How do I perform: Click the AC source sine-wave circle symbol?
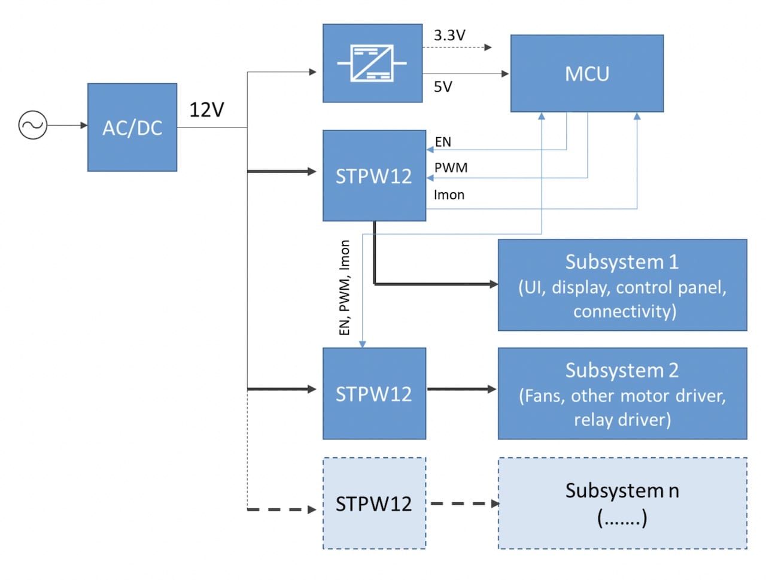click(x=33, y=125)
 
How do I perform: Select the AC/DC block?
click(x=132, y=127)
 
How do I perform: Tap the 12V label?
click(x=206, y=110)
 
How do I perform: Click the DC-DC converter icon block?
click(x=372, y=63)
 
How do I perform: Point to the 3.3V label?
click(x=449, y=35)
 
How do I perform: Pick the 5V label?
click(x=443, y=87)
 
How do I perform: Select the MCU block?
click(x=586, y=74)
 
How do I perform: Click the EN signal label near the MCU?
click(x=443, y=142)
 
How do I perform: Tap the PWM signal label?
click(x=451, y=168)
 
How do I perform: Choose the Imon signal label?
click(x=449, y=195)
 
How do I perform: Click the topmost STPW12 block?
click(x=374, y=176)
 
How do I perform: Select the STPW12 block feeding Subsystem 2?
click(x=374, y=394)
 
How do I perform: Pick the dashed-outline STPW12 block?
click(x=374, y=503)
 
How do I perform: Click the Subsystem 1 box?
click(x=622, y=286)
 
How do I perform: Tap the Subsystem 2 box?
click(x=622, y=394)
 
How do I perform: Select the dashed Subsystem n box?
click(x=622, y=503)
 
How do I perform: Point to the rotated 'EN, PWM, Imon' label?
click(x=344, y=287)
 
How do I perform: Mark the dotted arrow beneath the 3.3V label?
click(x=458, y=47)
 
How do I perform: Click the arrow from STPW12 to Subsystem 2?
click(x=461, y=389)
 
